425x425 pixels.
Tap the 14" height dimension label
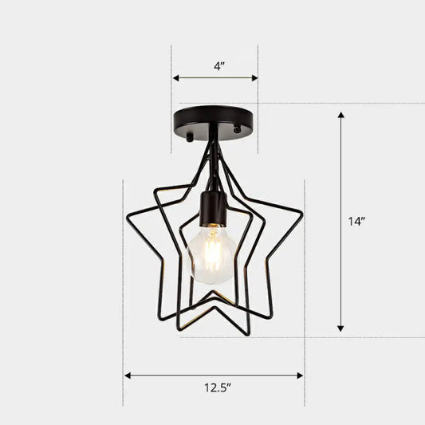point(356,222)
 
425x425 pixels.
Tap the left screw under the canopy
point(189,137)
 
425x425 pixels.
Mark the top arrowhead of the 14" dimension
point(341,116)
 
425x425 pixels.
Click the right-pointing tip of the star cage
point(301,212)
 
